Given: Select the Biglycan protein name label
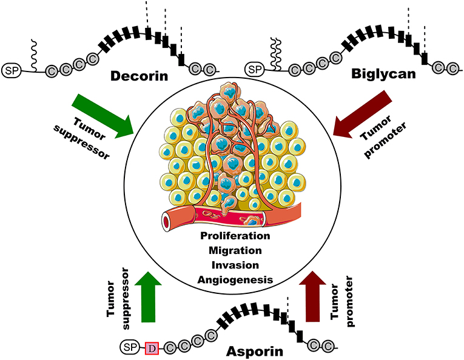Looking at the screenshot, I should (x=380, y=76).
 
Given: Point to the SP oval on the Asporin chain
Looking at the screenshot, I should (x=129, y=347).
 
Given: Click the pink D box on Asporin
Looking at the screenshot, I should (x=152, y=347).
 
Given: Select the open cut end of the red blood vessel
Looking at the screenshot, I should (x=166, y=223).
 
